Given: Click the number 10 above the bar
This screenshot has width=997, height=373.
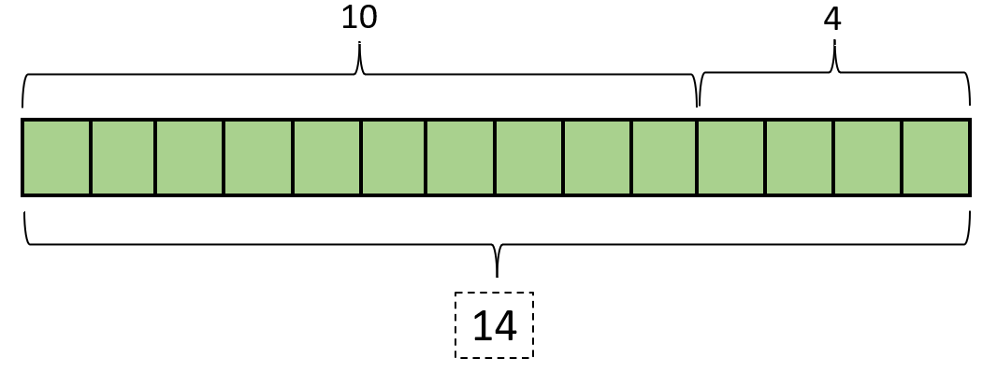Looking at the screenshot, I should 359,18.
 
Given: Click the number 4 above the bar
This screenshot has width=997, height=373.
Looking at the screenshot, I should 832,19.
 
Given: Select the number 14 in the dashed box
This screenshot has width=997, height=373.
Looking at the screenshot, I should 494,325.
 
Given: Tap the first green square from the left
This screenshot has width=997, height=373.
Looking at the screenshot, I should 57,157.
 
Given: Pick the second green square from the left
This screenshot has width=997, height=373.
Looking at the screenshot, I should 123,157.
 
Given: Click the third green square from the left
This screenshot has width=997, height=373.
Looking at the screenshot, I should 190,157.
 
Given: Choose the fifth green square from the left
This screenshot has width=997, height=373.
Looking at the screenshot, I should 326,157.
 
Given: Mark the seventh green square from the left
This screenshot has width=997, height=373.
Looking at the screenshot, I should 460,157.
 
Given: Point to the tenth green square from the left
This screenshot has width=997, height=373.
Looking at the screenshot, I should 664,157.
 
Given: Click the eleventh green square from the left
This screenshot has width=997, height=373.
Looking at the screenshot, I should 731,157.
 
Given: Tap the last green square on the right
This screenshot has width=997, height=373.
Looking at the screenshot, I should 935,157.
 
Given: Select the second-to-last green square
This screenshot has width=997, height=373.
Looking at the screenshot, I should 867,157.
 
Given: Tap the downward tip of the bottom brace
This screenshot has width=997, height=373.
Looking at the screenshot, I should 497,275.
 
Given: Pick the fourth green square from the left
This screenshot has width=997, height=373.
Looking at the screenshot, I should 258,157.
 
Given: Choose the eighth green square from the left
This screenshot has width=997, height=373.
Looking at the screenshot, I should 529,157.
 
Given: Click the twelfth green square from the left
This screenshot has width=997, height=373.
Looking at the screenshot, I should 800,157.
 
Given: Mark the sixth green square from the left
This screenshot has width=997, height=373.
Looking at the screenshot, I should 394,157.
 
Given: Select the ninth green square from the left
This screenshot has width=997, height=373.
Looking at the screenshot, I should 597,157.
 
